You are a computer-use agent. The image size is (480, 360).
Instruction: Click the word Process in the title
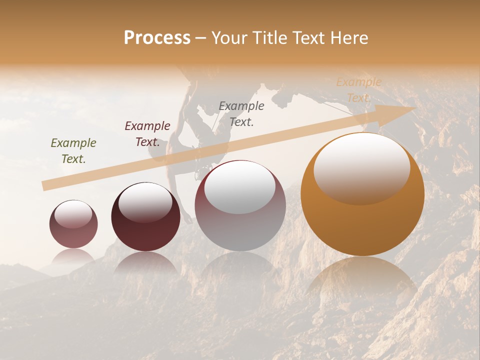tap(157, 38)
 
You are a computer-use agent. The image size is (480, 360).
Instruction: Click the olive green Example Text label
tap(73, 150)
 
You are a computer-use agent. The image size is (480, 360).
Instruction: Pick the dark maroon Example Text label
tap(147, 133)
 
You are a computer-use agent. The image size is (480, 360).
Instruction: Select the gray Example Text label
tap(241, 113)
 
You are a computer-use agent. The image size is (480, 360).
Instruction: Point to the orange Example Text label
tap(358, 90)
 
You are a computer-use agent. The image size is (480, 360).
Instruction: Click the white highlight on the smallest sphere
tap(73, 214)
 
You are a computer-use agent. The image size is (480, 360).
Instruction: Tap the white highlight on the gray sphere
tap(240, 186)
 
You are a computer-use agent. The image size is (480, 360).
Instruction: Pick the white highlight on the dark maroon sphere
tap(145, 201)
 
